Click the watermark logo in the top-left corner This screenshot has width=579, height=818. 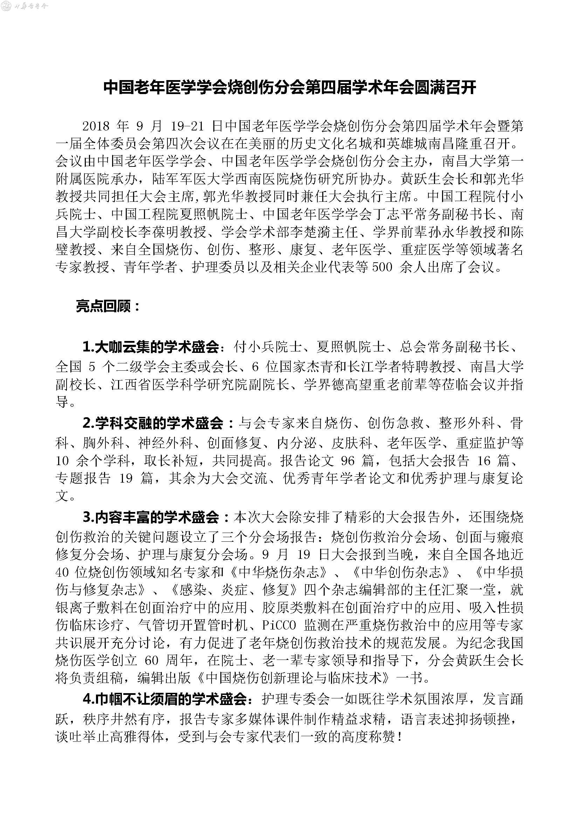(x=25, y=6)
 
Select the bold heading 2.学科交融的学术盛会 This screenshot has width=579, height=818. (x=153, y=423)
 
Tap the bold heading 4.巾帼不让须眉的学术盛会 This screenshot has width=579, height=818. (x=165, y=699)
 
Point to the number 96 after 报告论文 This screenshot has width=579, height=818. (x=348, y=461)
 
